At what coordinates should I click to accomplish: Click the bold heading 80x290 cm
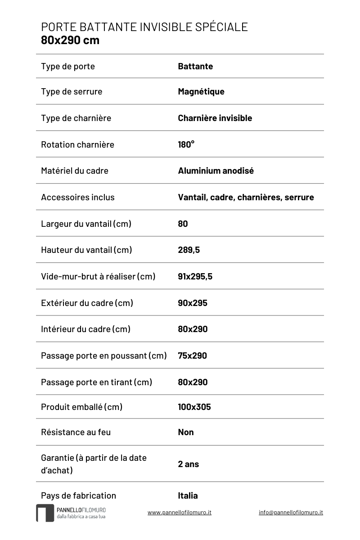click(70, 40)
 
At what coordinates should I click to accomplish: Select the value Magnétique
click(201, 92)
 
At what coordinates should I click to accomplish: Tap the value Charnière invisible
click(215, 118)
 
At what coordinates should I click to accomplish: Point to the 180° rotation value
click(186, 144)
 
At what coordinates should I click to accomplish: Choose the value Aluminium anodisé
click(216, 171)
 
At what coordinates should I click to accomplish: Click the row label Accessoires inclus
click(78, 197)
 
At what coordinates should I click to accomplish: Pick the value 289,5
click(189, 250)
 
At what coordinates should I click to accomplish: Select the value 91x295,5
click(195, 276)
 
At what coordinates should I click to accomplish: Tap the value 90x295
click(193, 303)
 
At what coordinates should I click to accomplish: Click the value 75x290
click(193, 355)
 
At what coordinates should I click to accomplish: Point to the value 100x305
click(194, 407)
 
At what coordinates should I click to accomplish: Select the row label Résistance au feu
click(76, 432)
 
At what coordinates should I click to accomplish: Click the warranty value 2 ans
click(189, 464)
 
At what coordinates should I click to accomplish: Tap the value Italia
click(188, 495)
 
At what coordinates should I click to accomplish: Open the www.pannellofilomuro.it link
click(180, 512)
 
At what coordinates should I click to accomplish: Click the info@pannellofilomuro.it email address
click(291, 512)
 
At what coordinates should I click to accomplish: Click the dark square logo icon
click(45, 513)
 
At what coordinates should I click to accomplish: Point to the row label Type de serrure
click(72, 92)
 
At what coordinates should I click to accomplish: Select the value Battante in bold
click(195, 67)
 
